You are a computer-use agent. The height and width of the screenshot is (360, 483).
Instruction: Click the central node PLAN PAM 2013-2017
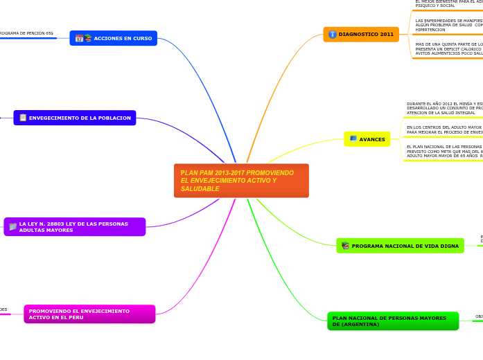coord(241,180)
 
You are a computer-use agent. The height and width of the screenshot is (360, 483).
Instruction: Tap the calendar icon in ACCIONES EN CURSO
coord(79,38)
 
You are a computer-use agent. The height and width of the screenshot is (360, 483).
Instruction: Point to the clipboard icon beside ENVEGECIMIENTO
coord(23,118)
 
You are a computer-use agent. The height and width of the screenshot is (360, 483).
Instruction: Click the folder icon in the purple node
coord(12,226)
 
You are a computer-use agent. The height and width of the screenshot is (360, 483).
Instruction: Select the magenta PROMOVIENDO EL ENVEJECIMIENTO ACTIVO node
coord(89,314)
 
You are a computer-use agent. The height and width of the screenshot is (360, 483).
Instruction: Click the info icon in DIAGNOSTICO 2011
coord(333,34)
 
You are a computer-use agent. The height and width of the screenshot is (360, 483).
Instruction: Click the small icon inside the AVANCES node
coord(353,139)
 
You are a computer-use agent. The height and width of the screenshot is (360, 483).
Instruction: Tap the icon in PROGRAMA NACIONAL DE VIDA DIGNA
coord(345,246)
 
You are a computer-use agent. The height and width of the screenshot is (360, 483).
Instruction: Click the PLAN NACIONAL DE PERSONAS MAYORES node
coord(393,321)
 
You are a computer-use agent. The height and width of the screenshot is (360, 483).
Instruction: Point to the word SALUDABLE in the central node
coord(200,189)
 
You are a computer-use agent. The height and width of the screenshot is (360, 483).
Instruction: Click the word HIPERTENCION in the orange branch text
coord(430,30)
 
